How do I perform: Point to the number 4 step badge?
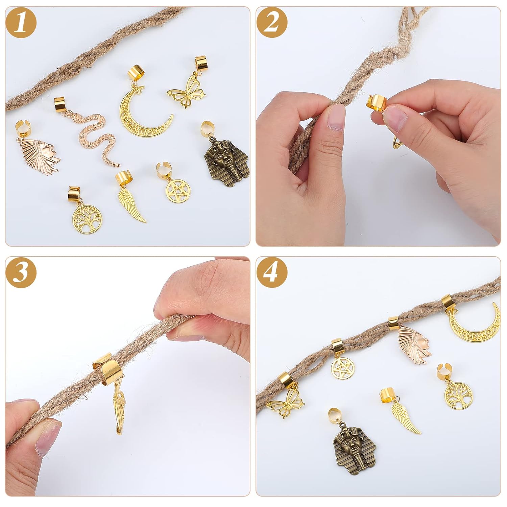272,272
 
